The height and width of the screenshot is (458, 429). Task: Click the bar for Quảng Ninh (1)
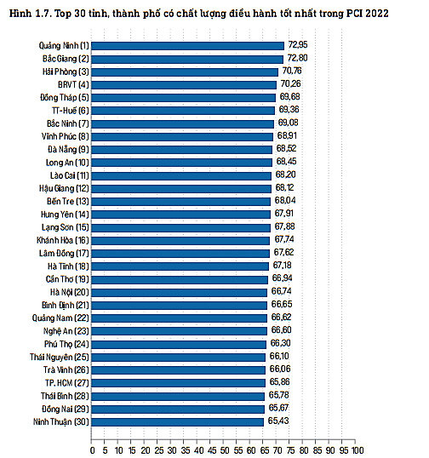tap(187, 44)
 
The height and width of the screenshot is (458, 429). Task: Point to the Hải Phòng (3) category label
tap(66, 71)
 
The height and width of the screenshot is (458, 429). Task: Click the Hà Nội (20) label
tap(72, 291)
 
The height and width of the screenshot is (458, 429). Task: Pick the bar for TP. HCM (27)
tap(178, 382)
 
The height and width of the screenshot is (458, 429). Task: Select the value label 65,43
tap(277, 421)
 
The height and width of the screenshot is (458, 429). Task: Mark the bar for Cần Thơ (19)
tap(180, 278)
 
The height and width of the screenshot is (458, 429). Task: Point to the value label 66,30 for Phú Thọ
tap(280, 343)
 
